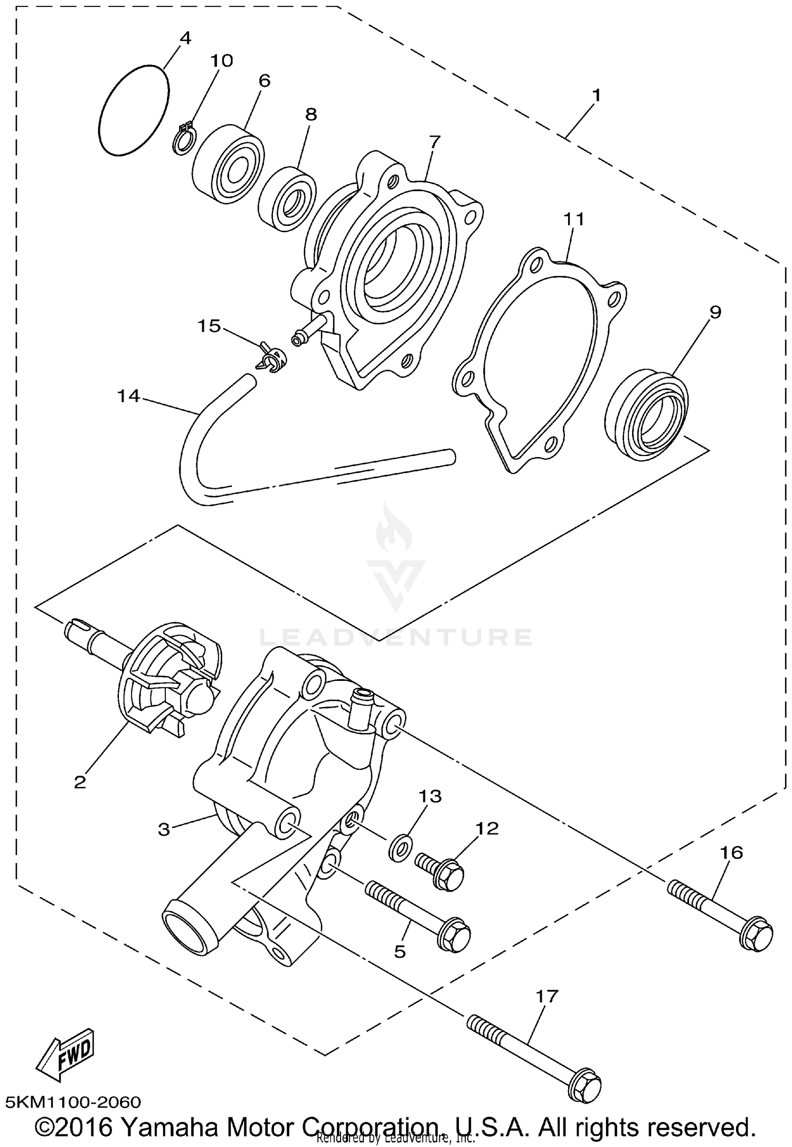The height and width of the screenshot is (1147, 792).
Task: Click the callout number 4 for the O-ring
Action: [x=185, y=38]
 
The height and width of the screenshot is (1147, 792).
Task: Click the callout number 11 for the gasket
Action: [x=574, y=219]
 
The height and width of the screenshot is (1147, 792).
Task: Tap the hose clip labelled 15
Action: [x=272, y=358]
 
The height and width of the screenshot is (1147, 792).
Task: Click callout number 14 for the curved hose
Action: [x=128, y=395]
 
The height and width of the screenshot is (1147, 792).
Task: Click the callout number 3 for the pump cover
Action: [x=164, y=830]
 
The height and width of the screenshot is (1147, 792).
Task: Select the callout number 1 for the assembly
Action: [x=596, y=96]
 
